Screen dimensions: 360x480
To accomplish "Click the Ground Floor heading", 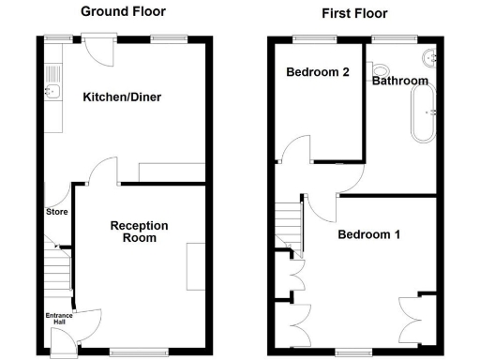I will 123,12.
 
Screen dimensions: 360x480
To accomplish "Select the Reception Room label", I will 139,232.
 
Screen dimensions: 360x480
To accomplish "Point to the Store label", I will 56,212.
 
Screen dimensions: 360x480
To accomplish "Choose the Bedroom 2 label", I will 319,72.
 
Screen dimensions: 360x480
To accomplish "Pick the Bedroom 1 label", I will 369,234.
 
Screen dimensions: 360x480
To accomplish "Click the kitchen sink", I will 53,91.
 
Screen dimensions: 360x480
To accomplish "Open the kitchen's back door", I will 97,52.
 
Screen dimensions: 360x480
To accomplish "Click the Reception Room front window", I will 130,352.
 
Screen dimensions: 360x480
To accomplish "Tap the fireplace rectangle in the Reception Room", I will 197,267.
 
